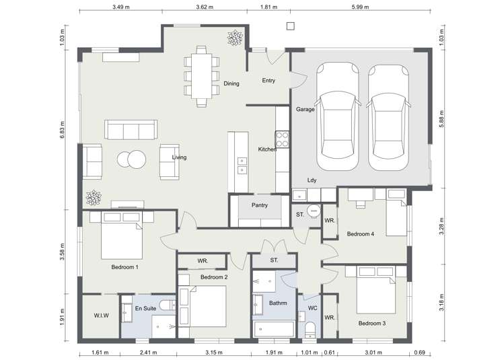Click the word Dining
click(x=231, y=83)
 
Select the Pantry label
click(x=260, y=205)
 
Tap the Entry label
click(x=268, y=81)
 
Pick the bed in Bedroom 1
click(x=122, y=237)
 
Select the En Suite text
click(x=146, y=308)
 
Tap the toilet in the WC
click(x=310, y=329)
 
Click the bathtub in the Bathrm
click(x=274, y=329)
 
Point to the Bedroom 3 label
click(x=371, y=324)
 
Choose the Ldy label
click(x=312, y=180)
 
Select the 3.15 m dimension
click(x=213, y=352)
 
